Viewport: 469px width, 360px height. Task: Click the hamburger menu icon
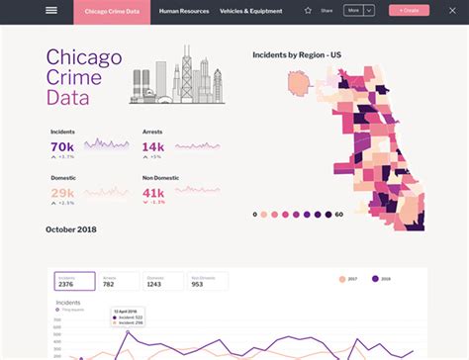pyautogui.click(x=51, y=10)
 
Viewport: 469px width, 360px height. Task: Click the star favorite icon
pyautogui.click(x=308, y=10)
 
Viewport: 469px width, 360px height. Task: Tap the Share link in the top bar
pyautogui.click(x=327, y=10)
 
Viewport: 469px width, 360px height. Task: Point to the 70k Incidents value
pyautogui.click(x=61, y=146)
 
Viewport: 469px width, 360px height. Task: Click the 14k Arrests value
pyautogui.click(x=152, y=146)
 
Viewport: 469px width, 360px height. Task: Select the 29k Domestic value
pyautogui.click(x=61, y=192)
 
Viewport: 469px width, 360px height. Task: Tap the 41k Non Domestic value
pyautogui.click(x=153, y=192)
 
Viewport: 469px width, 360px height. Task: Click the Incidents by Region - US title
pyautogui.click(x=297, y=53)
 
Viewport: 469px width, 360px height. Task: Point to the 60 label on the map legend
pyautogui.click(x=339, y=214)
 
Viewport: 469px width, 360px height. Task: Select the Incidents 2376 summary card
pyautogui.click(x=74, y=282)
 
